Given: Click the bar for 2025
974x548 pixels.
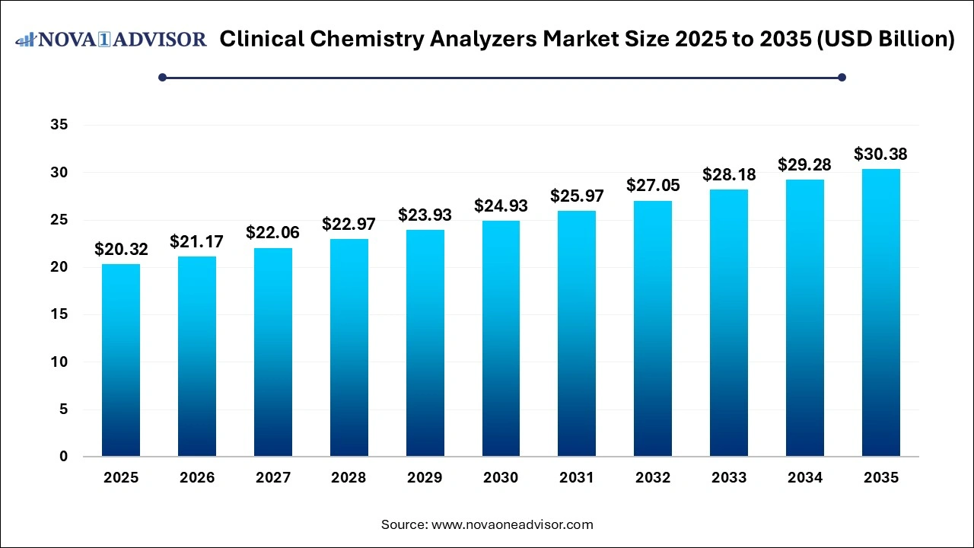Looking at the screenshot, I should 121,360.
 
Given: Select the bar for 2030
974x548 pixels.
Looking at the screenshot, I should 501,339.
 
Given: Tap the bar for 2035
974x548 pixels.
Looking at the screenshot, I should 880,313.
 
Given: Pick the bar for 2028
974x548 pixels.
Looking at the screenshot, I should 349,348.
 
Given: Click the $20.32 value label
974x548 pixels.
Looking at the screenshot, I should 121,249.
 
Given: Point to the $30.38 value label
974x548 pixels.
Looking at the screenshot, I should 880,155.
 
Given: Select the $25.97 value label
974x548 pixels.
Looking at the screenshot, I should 577,196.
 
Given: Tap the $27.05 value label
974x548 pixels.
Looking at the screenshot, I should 653,186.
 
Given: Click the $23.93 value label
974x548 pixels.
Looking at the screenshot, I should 425,215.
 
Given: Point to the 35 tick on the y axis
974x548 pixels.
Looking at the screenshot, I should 59,126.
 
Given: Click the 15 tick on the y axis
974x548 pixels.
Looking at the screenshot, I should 59,315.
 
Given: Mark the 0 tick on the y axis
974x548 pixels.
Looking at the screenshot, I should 64,457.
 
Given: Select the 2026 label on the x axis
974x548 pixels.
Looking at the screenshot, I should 197,478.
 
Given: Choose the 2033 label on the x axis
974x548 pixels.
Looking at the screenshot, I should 728,478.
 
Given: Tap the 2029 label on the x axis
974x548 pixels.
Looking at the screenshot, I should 425,478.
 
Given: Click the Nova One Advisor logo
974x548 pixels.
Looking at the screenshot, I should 111,40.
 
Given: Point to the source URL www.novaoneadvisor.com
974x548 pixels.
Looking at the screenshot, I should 512,524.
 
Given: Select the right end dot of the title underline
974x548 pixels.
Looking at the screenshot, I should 842,77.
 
